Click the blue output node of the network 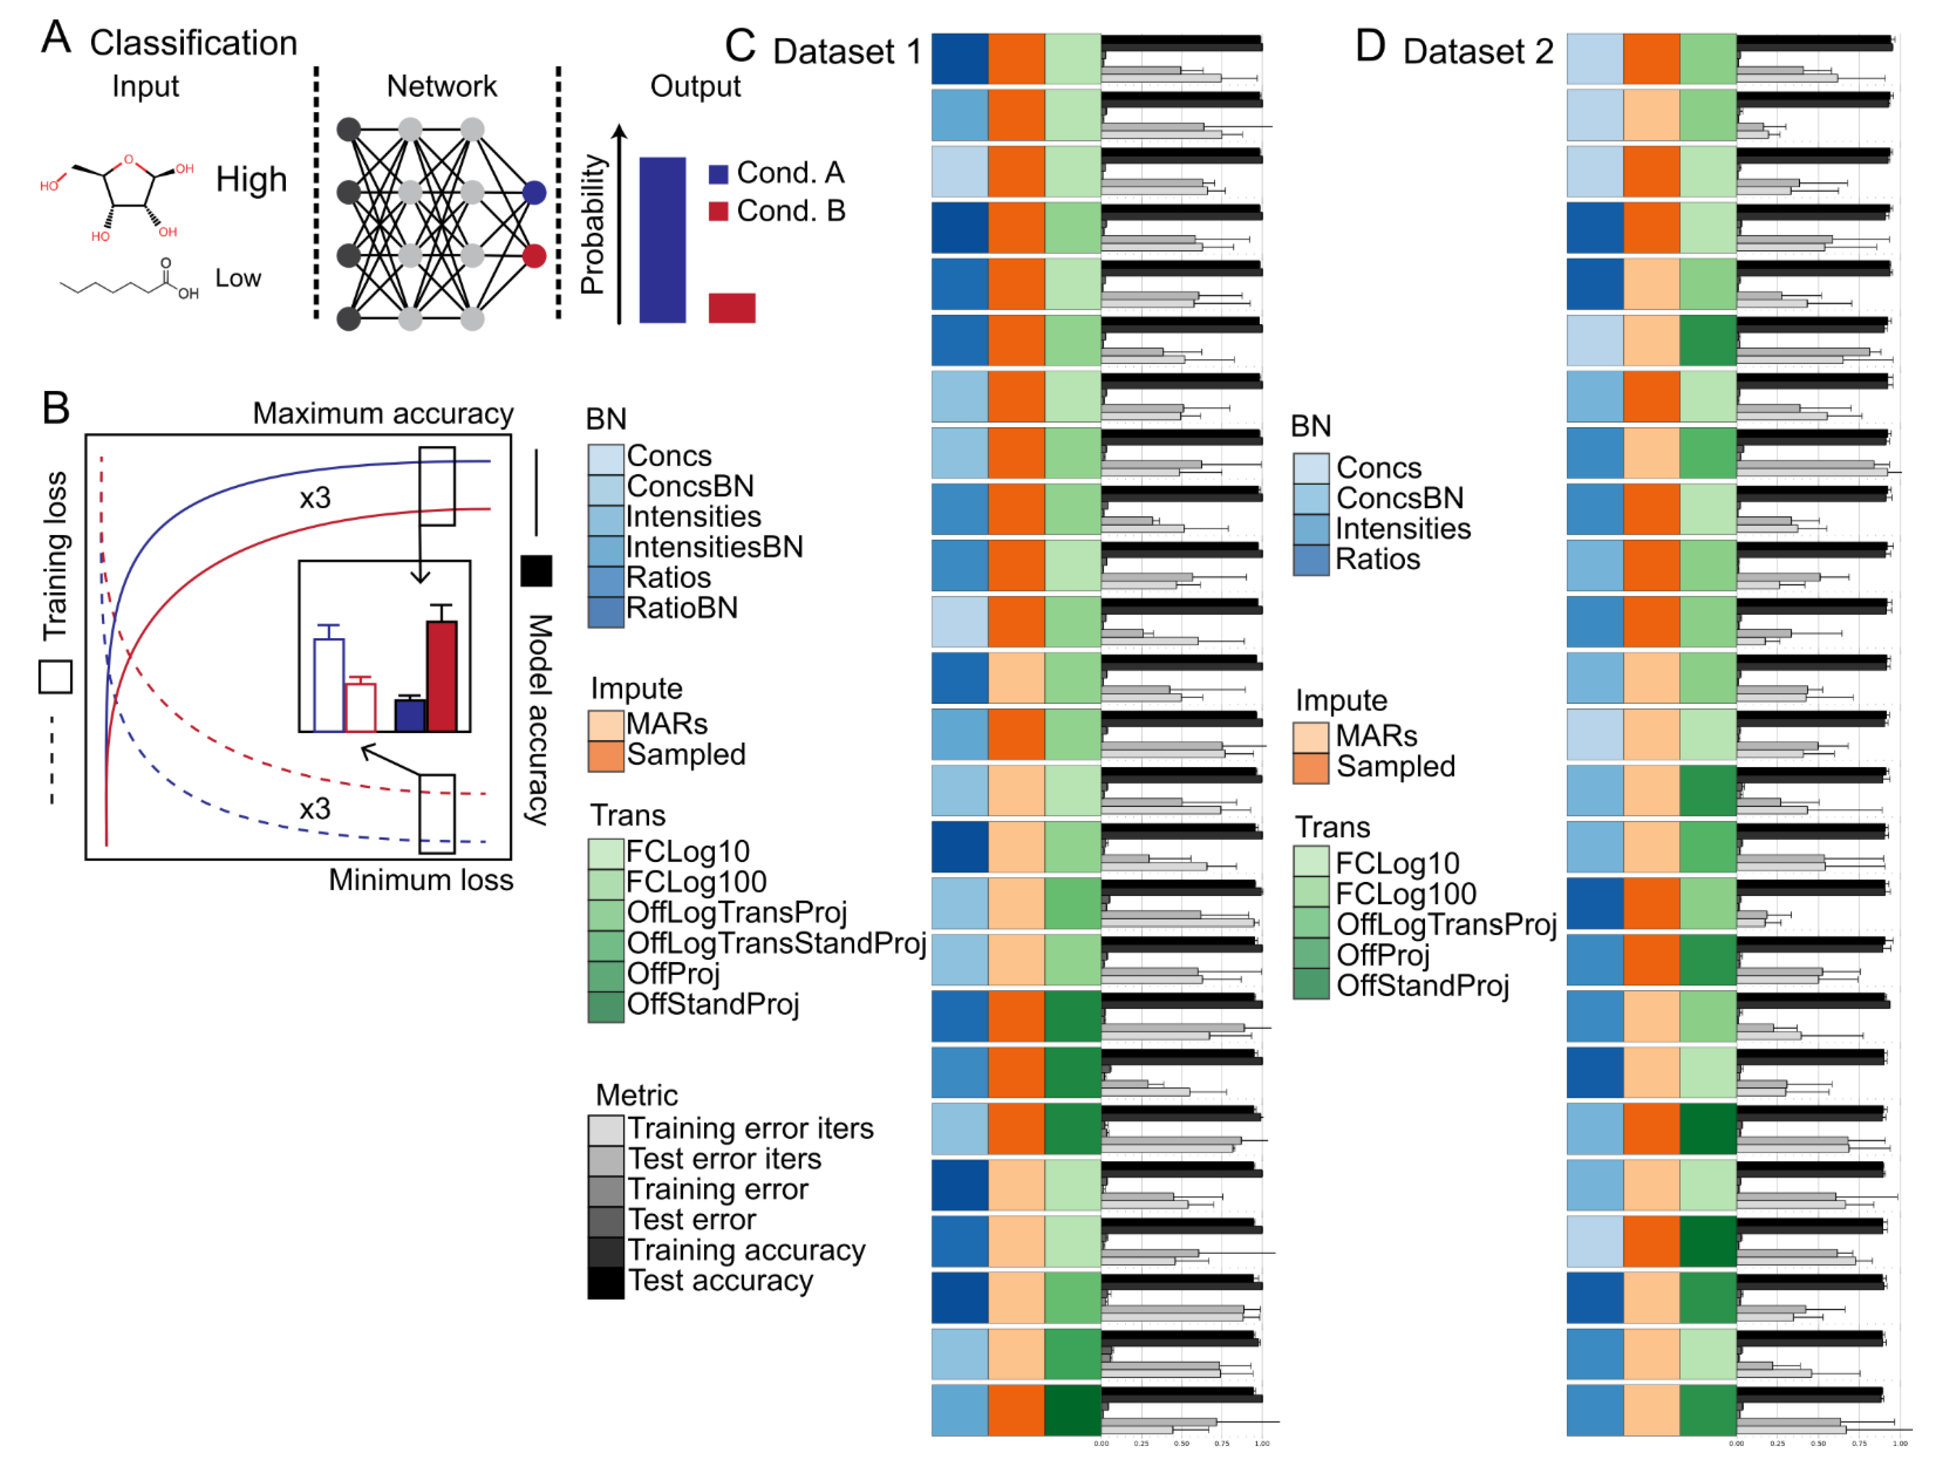tap(534, 192)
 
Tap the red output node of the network tap(534, 256)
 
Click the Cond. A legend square tap(718, 174)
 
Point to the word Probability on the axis tap(593, 224)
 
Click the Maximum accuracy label tap(383, 414)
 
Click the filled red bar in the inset tap(441, 676)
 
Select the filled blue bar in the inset tap(410, 716)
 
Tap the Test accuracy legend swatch tap(606, 1283)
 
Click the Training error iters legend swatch tap(606, 1130)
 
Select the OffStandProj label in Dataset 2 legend tap(1422, 986)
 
